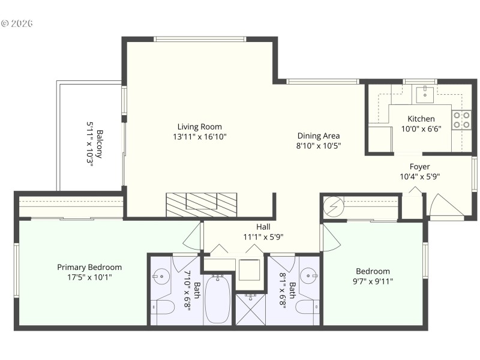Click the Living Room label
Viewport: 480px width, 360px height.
[x=199, y=127]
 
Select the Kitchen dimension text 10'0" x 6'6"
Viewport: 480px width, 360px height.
[x=425, y=129]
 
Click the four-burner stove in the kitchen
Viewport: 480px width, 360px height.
[x=461, y=120]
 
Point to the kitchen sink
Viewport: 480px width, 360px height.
[x=425, y=93]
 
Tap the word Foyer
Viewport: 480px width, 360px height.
[x=419, y=166]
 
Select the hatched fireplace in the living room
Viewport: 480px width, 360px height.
[x=201, y=204]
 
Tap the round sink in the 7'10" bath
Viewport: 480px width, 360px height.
[x=161, y=277]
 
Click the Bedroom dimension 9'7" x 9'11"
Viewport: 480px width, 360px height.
[x=373, y=281]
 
